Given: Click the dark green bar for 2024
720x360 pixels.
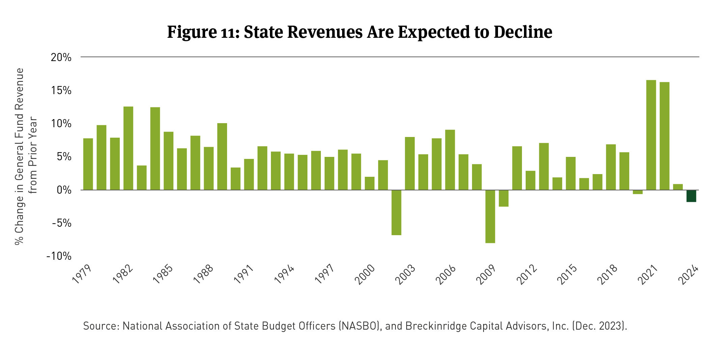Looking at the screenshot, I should click(x=691, y=196).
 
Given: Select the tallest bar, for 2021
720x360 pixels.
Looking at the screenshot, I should click(x=651, y=135).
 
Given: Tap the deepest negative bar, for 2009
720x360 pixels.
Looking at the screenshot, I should click(x=490, y=216).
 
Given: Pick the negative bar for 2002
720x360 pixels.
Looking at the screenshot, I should click(x=396, y=212).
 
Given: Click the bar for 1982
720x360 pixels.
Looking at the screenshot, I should click(x=128, y=148).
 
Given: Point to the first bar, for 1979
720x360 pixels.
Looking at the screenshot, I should click(x=88, y=164).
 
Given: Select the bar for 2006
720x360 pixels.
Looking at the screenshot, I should click(x=450, y=160).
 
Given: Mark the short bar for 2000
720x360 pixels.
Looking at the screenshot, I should click(x=369, y=183).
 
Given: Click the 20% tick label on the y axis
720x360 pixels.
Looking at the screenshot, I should click(x=61, y=57).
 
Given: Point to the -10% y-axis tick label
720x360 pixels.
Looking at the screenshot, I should click(x=59, y=256).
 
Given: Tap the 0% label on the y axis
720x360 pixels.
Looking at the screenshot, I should click(x=64, y=190).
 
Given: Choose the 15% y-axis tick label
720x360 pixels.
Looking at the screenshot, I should click(x=61, y=90).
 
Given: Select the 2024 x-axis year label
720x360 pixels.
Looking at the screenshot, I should click(x=688, y=275).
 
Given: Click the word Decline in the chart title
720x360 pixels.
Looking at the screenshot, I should click(x=523, y=32).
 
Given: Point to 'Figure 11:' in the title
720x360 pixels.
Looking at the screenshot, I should click(x=203, y=32).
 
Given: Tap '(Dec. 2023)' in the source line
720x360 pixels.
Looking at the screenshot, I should click(x=599, y=326).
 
